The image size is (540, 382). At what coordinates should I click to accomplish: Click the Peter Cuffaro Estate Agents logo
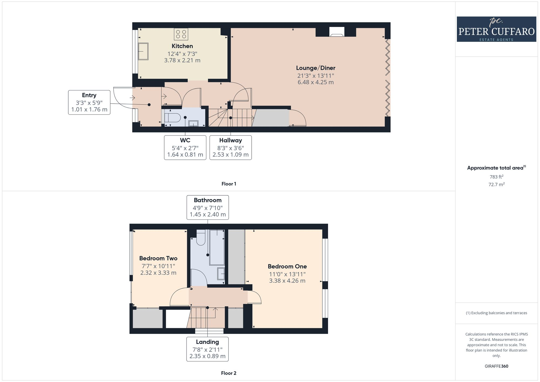(496, 29)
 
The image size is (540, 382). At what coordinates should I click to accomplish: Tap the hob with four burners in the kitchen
(181, 34)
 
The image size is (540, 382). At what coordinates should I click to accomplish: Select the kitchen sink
(143, 51)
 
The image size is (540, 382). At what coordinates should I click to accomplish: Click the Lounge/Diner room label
(316, 68)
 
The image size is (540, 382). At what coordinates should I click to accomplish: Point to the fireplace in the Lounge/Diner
(337, 32)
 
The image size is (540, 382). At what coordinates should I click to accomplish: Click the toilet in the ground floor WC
(173, 118)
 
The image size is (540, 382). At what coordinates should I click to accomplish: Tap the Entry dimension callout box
(89, 102)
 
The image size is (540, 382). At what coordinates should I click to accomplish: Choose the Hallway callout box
(230, 147)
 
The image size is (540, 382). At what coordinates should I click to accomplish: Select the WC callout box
(185, 147)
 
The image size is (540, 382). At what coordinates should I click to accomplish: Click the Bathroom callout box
(208, 207)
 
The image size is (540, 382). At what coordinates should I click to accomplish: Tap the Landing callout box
(207, 349)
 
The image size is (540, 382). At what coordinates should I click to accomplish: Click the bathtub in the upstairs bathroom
(217, 247)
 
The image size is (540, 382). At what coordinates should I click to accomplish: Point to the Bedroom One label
(287, 266)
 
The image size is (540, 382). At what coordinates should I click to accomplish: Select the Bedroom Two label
(158, 258)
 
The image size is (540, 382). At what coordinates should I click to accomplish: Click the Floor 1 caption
(229, 184)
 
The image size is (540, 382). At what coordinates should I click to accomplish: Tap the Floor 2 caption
(228, 373)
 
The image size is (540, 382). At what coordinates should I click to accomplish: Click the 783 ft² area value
(496, 177)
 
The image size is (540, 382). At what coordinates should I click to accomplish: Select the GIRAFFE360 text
(496, 366)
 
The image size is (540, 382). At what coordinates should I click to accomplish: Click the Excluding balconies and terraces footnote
(496, 313)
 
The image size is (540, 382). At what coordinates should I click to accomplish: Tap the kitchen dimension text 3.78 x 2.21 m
(182, 60)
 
